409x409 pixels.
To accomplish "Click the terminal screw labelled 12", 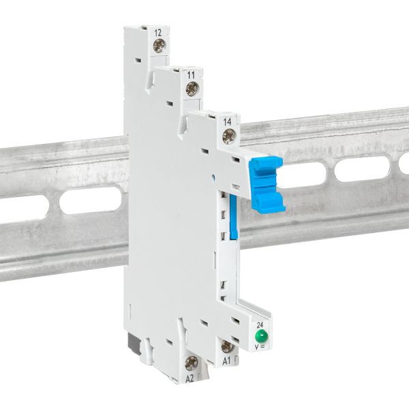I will coord(159,47).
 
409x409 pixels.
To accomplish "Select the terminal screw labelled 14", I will coord(228,136).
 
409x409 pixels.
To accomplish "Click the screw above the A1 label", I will coord(227,346).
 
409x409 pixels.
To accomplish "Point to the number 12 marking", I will coord(158,32).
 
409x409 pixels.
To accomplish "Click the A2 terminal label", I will coord(191,376).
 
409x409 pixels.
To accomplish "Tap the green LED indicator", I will coord(260,337).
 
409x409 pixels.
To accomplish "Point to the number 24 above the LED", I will coord(260,325).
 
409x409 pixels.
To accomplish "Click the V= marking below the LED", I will coord(260,348).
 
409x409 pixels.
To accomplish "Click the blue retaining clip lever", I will coord(267,183).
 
